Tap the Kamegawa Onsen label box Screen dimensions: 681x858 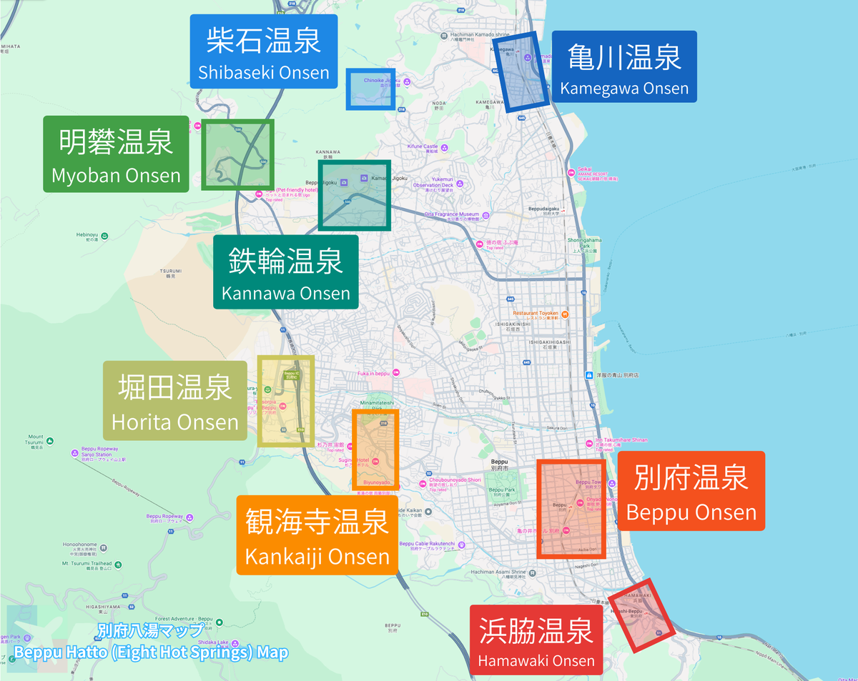point(624,66)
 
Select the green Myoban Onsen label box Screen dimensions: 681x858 point(116,154)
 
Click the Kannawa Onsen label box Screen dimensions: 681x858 point(286,272)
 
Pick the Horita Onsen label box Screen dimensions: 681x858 point(175,400)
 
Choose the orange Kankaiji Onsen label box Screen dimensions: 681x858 point(317,535)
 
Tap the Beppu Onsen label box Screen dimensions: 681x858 point(691,491)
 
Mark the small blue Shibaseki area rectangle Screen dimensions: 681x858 point(370,89)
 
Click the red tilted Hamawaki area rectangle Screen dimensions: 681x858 point(642,615)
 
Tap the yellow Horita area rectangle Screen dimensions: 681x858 point(287,401)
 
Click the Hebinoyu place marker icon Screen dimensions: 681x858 point(104,236)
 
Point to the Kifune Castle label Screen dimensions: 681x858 point(422,146)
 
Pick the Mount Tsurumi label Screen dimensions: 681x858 point(36,439)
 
